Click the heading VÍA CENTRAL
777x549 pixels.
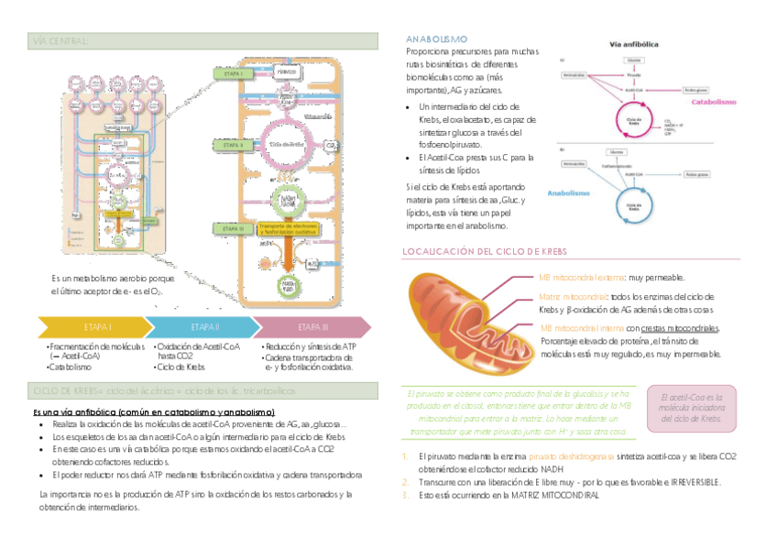click(60, 42)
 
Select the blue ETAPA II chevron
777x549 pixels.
click(204, 327)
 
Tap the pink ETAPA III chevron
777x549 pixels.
click(312, 327)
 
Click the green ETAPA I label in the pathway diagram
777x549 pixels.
click(232, 72)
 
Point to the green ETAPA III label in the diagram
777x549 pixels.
click(232, 228)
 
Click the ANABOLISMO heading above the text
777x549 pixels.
click(436, 39)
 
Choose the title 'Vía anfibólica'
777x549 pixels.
click(637, 44)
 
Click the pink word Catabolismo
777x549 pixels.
click(714, 103)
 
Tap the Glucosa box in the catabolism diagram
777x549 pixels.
click(634, 60)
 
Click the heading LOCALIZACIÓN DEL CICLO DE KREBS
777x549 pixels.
click(486, 251)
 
